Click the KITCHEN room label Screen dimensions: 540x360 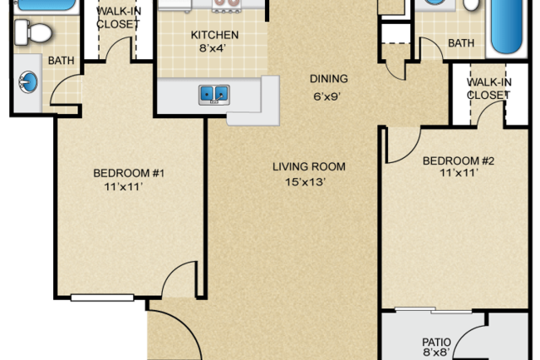coord(214,35)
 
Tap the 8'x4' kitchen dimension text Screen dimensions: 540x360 coord(213,48)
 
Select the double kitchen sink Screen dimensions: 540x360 coord(214,95)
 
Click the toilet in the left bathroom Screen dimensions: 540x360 coord(33,32)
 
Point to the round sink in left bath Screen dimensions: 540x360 coord(28,81)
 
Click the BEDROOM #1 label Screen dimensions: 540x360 coord(129,173)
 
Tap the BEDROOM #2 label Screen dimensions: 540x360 coord(459,161)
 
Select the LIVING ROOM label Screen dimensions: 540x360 coord(309,167)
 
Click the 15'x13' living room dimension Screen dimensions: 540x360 coord(306,181)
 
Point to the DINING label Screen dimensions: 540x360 coord(329,79)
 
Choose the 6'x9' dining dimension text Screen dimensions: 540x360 coord(326,96)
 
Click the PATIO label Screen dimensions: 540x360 coord(437,342)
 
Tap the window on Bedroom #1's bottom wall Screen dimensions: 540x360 coord(102,298)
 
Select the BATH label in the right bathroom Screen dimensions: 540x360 coord(461,43)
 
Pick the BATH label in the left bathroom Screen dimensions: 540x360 coord(61,61)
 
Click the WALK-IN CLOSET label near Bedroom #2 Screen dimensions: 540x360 coord(488,88)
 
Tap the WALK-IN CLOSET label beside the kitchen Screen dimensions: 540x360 coord(119,17)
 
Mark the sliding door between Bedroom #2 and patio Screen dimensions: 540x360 coord(434,310)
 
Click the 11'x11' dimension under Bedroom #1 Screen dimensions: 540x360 coord(124,187)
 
